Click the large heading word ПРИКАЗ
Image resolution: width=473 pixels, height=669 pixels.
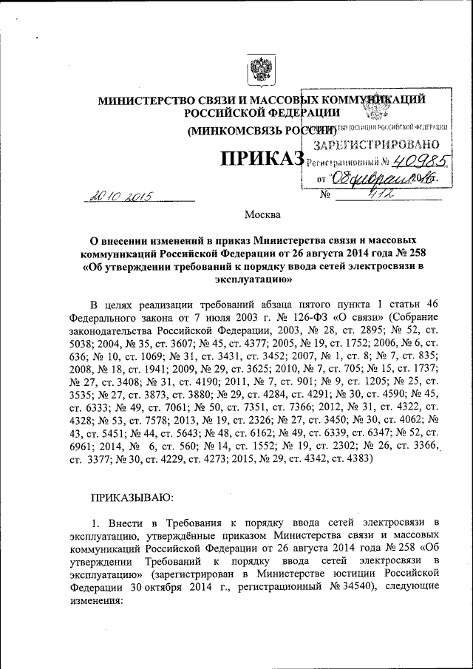260,159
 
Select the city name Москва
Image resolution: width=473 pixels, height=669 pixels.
262,215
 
